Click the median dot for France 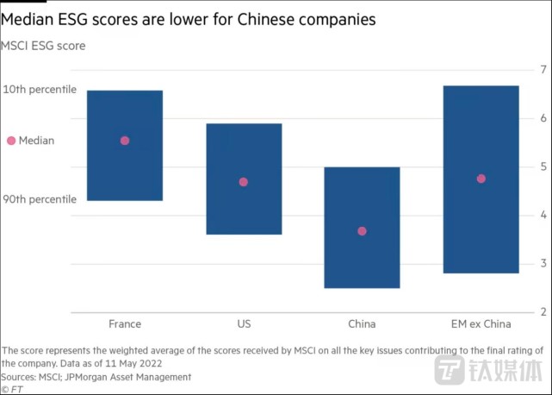coord(125,141)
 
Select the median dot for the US coord(244,182)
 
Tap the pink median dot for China coord(362,231)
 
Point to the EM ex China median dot coord(481,179)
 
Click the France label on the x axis coord(125,324)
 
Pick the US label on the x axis coord(244,324)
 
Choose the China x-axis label coord(362,324)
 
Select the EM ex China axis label coord(481,324)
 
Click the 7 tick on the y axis coord(543,69)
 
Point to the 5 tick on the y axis coord(543,166)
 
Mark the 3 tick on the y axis coord(543,263)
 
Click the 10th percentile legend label coord(40,90)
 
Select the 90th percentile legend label coord(40,199)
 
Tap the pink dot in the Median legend coord(10,141)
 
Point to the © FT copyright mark coord(12,389)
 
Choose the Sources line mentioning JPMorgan coord(96,377)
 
